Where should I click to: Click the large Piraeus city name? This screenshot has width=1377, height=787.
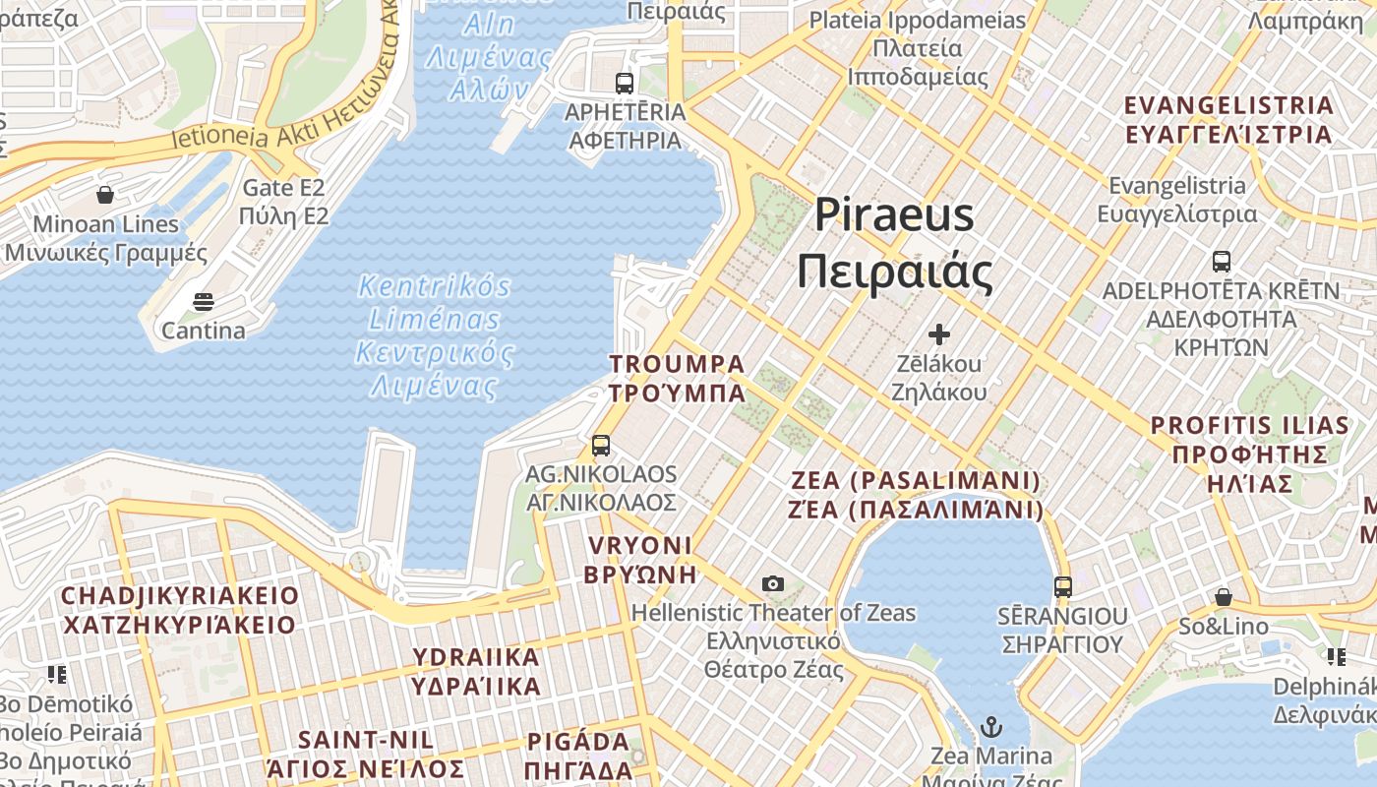(894, 243)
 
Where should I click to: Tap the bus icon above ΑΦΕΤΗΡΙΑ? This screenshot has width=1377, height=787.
(625, 83)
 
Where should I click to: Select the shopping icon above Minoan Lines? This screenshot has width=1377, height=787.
(105, 195)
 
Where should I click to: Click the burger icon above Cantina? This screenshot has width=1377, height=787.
(203, 301)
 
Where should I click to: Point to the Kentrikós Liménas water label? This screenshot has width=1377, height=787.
(435, 335)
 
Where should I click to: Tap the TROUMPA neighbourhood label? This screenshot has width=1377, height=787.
(677, 379)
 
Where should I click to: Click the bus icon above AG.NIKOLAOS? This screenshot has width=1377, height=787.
(601, 446)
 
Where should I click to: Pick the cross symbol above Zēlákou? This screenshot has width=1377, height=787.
(939, 334)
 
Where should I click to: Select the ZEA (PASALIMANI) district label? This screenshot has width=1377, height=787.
(916, 495)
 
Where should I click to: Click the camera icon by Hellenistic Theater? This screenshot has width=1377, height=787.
(773, 584)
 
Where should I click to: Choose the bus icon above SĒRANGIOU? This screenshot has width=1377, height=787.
(1062, 587)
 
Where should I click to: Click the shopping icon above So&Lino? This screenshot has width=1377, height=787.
(1224, 597)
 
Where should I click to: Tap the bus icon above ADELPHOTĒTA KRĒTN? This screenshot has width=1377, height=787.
(1221, 262)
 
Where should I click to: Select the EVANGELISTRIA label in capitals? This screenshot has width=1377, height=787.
(1228, 119)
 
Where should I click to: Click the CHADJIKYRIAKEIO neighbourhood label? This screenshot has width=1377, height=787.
(179, 610)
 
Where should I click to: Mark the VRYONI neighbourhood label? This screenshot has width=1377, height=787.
(639, 560)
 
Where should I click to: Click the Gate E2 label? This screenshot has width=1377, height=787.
(283, 201)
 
